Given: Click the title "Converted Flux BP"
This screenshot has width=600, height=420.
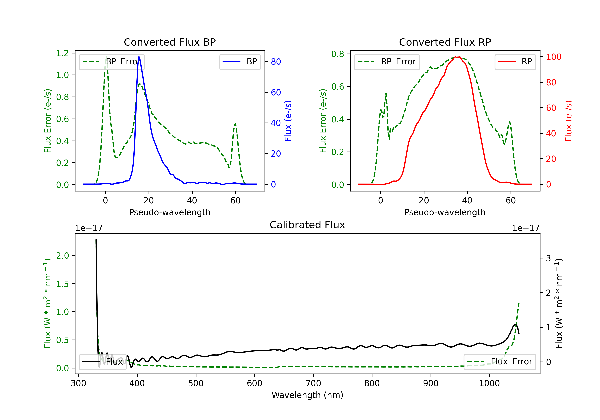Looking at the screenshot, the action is [170, 42].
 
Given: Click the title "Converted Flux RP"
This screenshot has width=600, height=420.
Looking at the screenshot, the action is [445, 42].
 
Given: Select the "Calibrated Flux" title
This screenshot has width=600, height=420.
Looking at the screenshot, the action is [307, 225].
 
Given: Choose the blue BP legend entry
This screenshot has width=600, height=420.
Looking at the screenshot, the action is [240, 62].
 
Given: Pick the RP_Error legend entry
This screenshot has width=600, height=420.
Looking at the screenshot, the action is [387, 62].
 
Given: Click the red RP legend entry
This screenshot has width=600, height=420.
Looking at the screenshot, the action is [515, 62].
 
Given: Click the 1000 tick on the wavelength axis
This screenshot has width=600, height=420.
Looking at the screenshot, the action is [489, 383].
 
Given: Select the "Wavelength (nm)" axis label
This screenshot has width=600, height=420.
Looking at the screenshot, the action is [307, 395].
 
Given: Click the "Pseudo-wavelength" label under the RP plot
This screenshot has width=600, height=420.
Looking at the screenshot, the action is [445, 212].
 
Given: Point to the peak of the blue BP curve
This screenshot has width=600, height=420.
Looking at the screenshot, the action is [139, 57].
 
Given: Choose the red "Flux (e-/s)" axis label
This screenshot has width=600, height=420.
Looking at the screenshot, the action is [568, 121].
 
